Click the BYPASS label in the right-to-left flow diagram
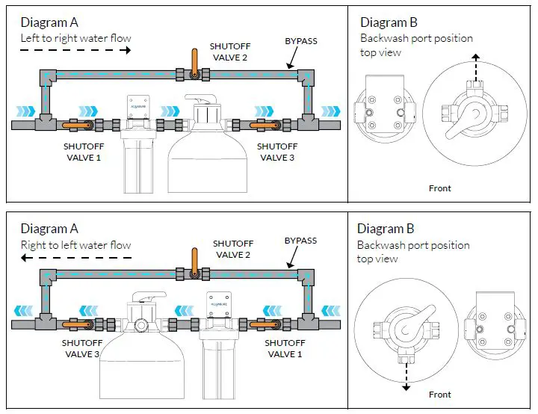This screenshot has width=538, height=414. tap(300, 241)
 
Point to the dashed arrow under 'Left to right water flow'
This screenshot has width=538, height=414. tap(75, 51)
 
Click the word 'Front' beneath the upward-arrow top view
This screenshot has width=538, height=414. tap(440, 188)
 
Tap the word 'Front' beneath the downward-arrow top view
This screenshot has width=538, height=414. tap(440, 395)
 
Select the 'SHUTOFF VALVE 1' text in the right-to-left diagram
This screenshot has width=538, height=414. tap(285, 349)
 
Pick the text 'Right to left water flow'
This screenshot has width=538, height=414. tap(75, 245)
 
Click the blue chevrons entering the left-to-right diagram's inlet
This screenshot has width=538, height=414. tap(26, 111)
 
